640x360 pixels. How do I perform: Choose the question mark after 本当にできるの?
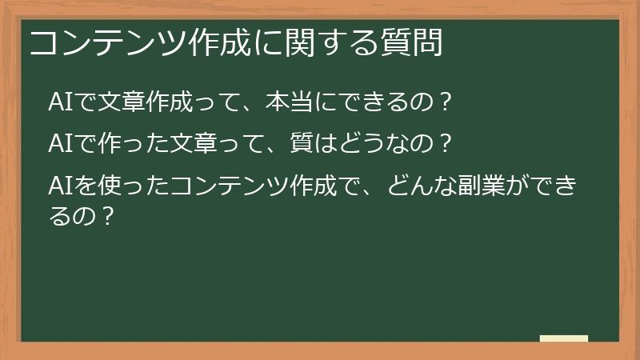(446, 102)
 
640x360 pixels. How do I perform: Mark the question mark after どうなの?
(446, 145)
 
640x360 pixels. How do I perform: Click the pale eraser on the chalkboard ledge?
(563, 338)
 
